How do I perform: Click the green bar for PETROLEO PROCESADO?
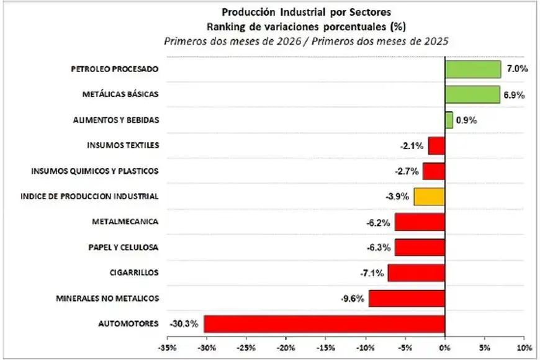[472, 69]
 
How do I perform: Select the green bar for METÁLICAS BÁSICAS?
[472, 94]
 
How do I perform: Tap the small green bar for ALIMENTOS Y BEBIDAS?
[449, 120]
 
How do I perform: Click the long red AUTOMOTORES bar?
[324, 323]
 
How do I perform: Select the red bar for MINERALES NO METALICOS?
[407, 298]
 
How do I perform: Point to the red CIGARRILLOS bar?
[416, 272]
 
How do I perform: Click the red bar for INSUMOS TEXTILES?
[436, 146]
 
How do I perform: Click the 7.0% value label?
[516, 69]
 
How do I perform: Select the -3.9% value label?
[397, 197]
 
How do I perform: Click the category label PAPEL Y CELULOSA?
[123, 247]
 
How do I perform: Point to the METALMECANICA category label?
[125, 222]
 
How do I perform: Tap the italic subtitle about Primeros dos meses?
[306, 41]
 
